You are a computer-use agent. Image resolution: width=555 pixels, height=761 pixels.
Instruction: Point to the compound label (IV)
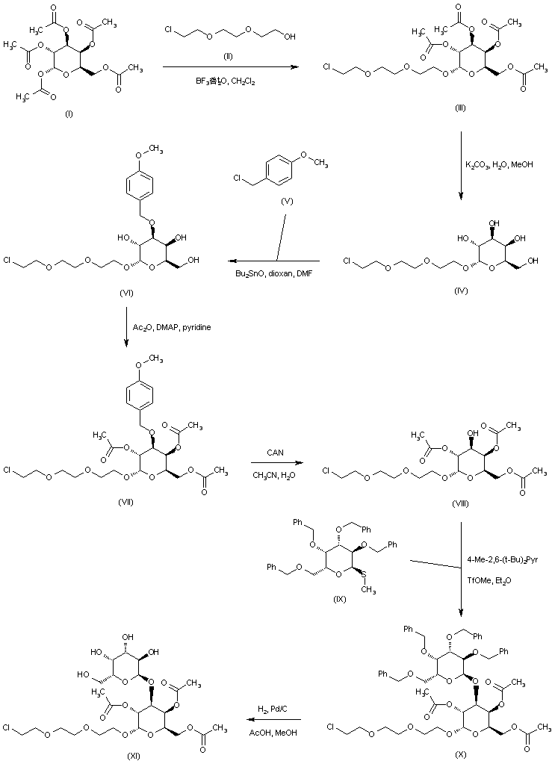460,291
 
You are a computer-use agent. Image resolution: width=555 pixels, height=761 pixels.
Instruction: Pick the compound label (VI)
126,293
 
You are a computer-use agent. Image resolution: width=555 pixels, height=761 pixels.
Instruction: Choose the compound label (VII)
126,501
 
